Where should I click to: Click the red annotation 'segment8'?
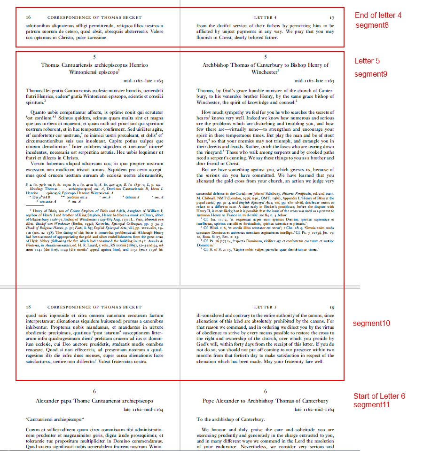[372, 25]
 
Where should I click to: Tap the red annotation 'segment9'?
[370, 74]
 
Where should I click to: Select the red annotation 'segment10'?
[371, 324]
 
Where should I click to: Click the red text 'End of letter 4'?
[378, 16]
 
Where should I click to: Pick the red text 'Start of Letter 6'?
[379, 396]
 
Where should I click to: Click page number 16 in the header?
[29, 17]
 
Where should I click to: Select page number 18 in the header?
[29, 307]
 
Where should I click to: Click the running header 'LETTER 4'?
[266, 17]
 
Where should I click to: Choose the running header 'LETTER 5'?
[266, 307]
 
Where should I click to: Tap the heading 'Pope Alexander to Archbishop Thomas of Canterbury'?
[266, 401]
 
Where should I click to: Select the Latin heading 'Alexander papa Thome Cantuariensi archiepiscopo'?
[94, 401]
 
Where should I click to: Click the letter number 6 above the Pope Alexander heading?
[266, 391]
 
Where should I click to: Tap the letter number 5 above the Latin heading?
[94, 56]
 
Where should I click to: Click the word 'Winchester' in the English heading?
[264, 72]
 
